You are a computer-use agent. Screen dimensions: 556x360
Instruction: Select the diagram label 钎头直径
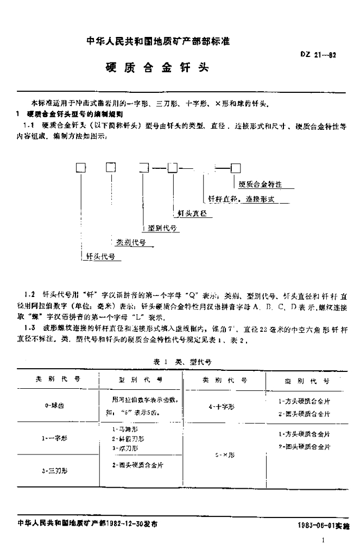click(192, 214)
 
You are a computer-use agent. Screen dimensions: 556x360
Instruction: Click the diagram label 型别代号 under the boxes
click(161, 228)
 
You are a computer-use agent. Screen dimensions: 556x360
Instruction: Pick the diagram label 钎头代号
click(100, 256)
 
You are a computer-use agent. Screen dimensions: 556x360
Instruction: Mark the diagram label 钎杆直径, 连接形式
click(242, 199)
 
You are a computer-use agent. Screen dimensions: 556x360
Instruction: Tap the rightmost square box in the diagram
click(236, 168)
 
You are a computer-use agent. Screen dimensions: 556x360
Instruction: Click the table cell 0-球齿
click(56, 406)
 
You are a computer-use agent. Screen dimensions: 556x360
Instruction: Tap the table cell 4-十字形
click(225, 406)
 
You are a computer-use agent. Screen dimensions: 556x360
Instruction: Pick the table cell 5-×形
click(224, 455)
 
